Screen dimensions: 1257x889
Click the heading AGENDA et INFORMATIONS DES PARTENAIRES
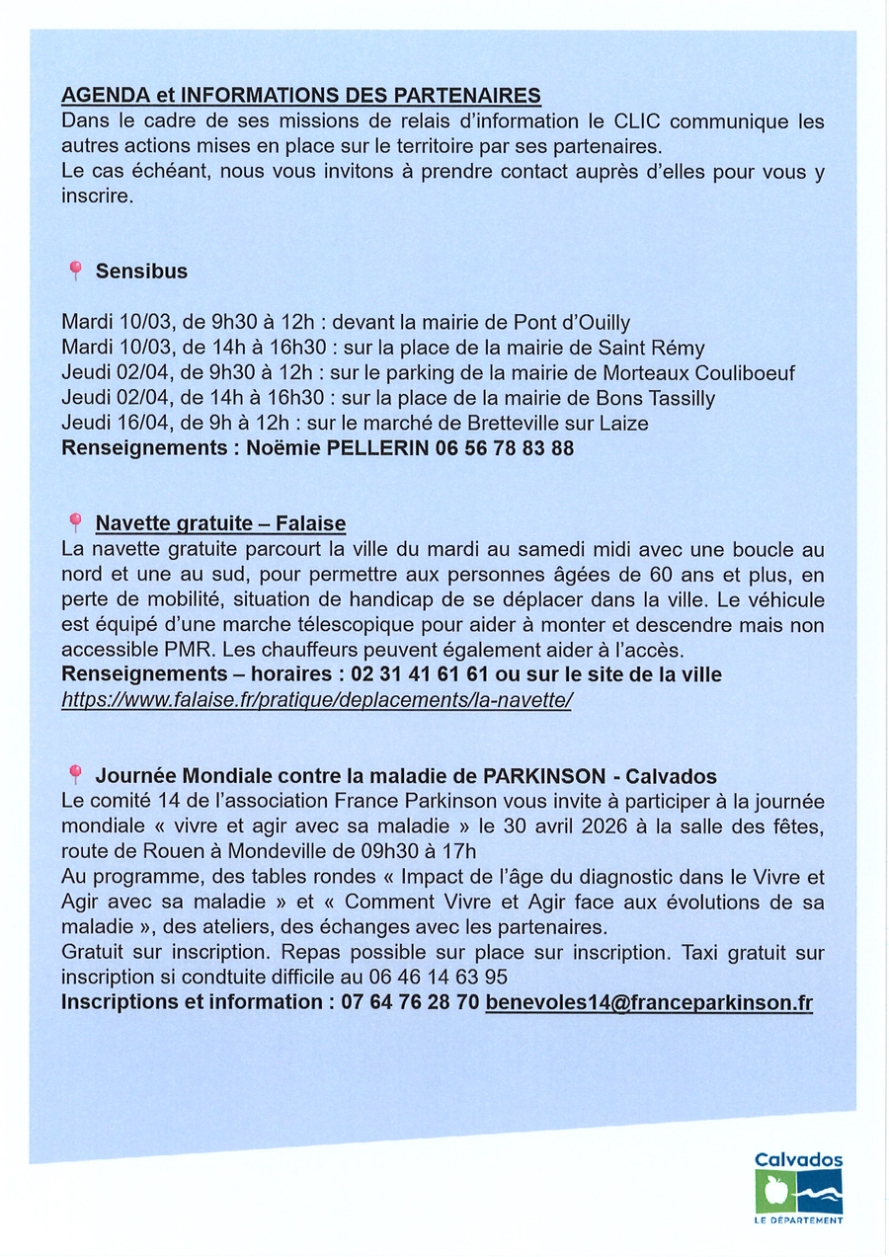(x=301, y=96)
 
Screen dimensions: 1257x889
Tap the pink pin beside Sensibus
(x=74, y=270)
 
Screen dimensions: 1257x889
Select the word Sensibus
(x=141, y=271)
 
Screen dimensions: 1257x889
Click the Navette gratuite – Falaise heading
(x=220, y=522)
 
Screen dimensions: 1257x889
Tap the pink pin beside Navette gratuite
(x=74, y=521)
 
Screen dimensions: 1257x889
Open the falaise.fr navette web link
(x=317, y=700)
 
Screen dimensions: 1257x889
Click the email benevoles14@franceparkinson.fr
(x=649, y=1002)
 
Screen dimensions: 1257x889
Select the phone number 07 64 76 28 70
(x=410, y=1002)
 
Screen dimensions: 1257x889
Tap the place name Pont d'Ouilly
(x=572, y=323)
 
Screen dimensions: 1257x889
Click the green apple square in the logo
(x=773, y=1193)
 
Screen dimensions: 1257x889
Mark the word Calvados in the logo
(x=798, y=1160)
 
